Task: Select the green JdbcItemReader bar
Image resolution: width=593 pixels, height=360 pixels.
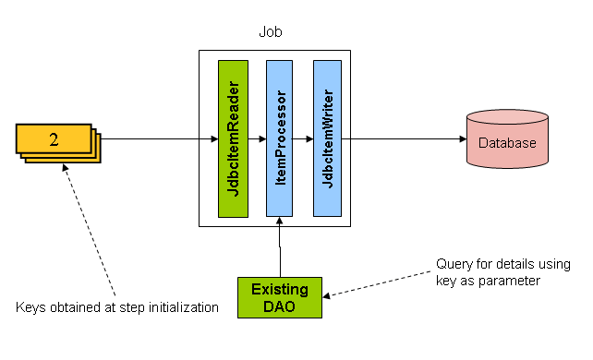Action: click(x=233, y=138)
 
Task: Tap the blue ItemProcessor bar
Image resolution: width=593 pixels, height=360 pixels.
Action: click(x=280, y=138)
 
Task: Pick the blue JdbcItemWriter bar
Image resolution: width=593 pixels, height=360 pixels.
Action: click(x=327, y=138)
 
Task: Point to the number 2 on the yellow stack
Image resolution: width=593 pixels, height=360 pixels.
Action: click(x=54, y=140)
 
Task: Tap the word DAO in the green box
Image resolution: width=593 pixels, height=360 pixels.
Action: click(x=278, y=306)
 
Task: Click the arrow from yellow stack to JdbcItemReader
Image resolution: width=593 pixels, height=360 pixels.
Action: click(x=157, y=140)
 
